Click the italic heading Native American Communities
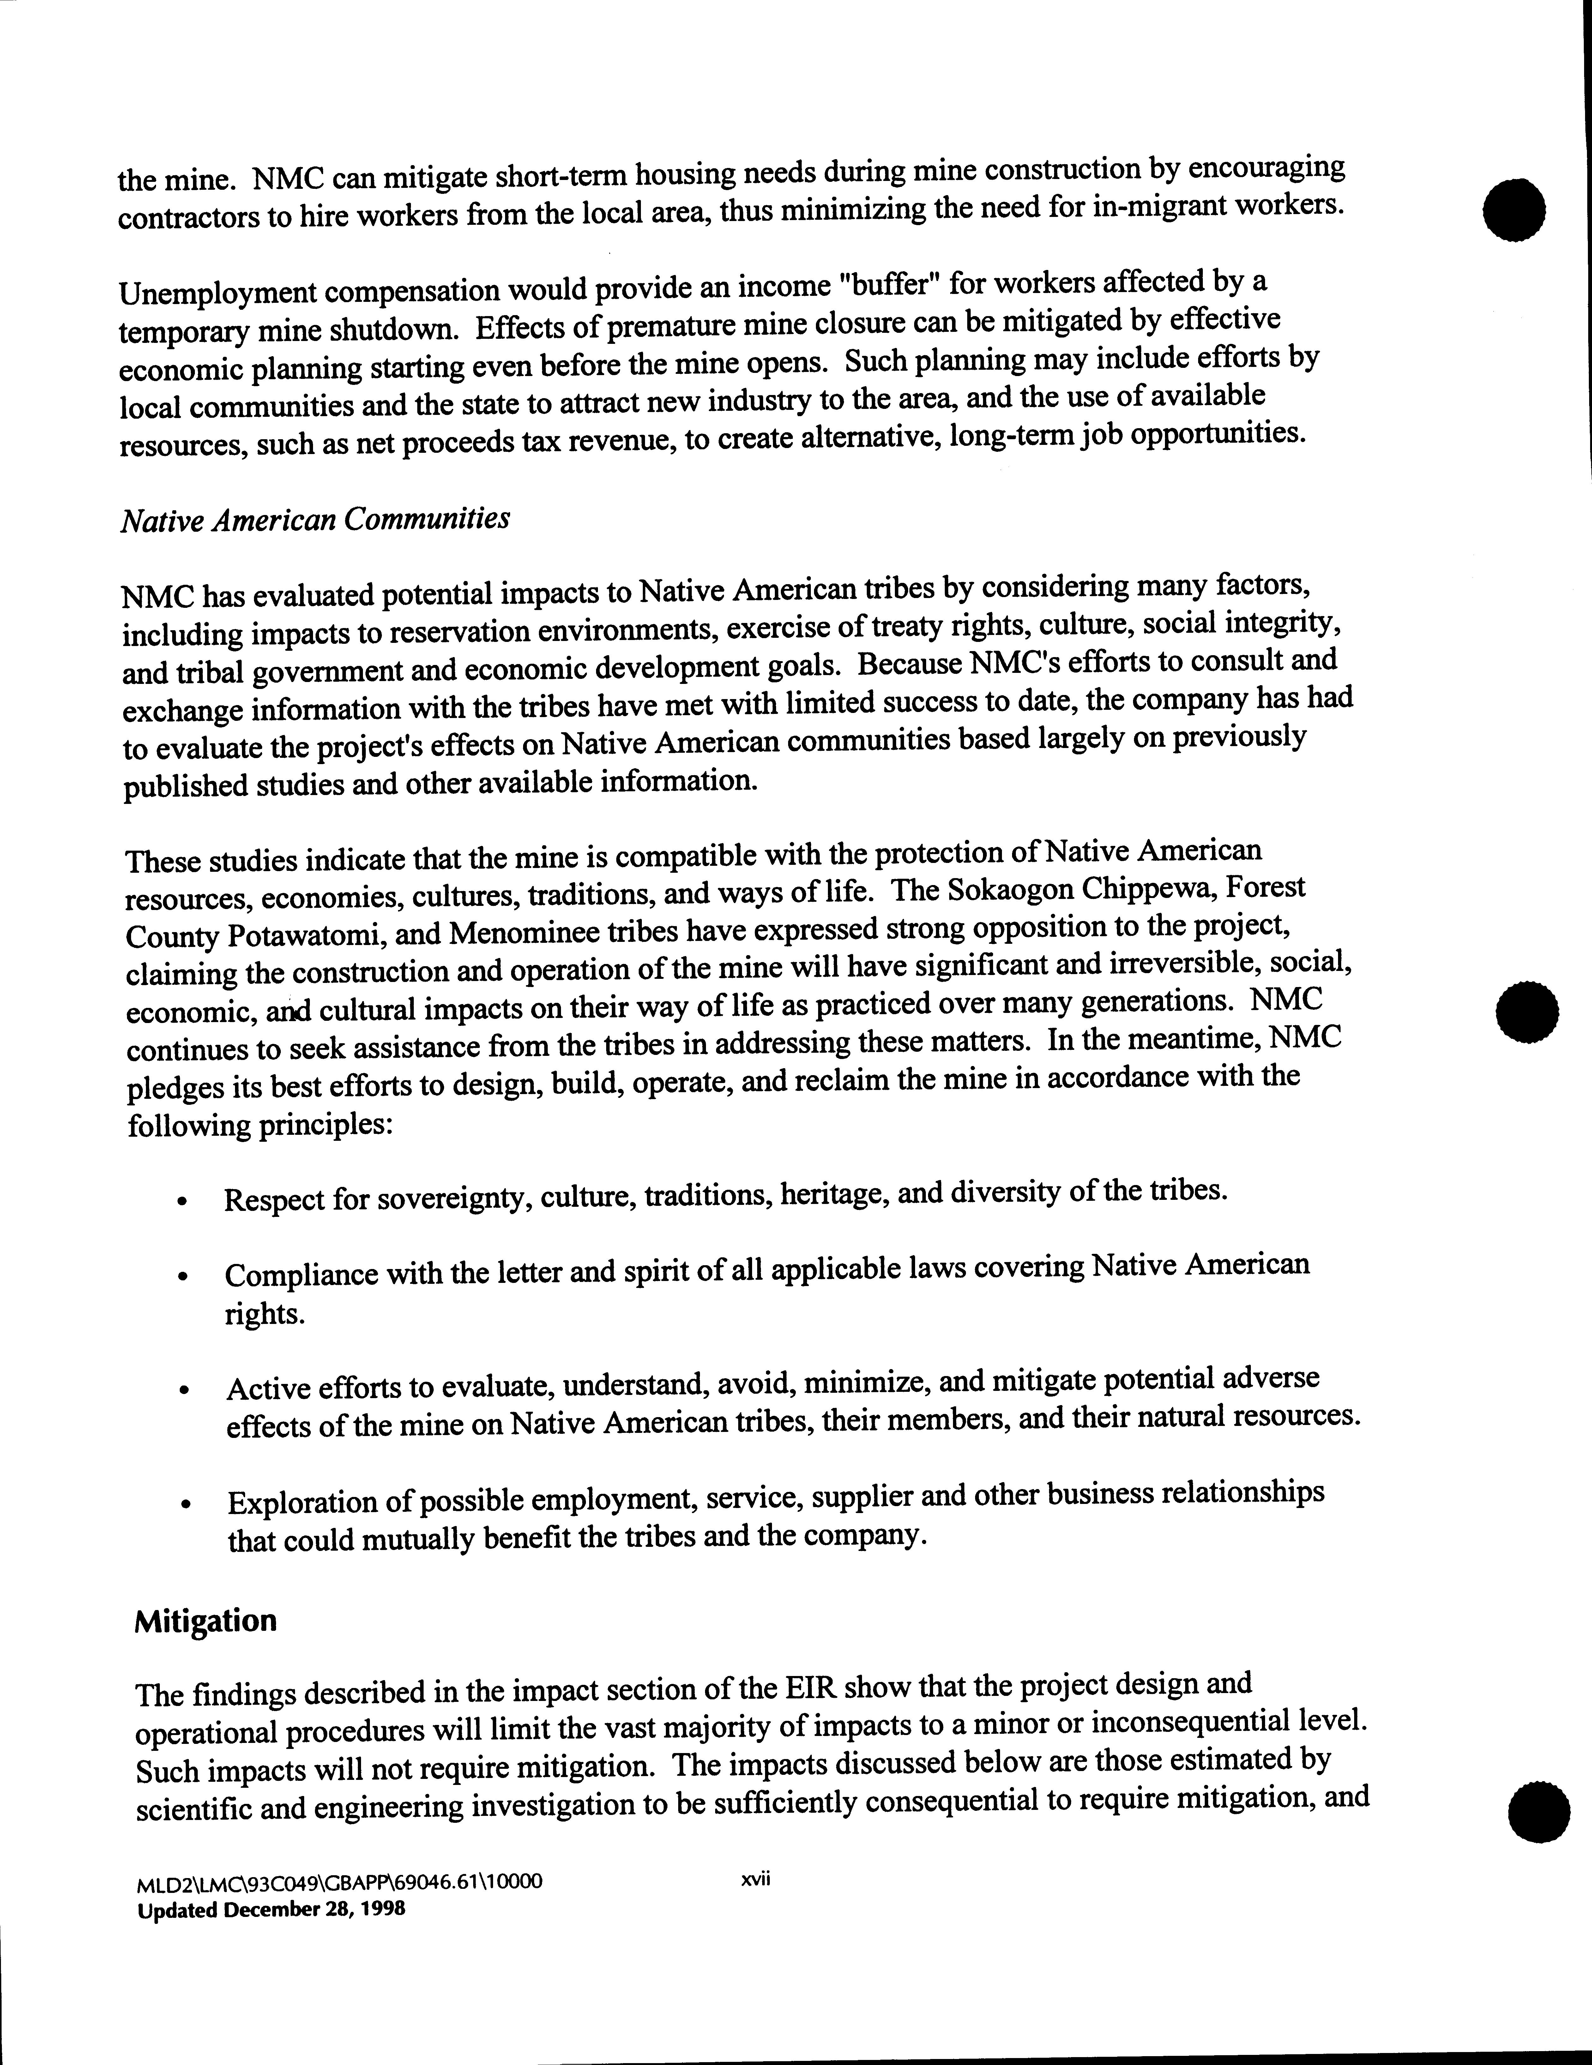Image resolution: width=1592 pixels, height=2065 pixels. [x=315, y=519]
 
